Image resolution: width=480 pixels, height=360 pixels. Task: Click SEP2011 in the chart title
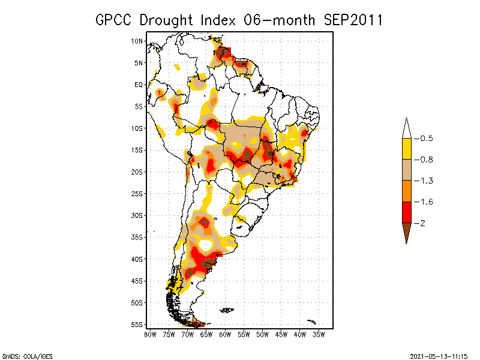coord(354,20)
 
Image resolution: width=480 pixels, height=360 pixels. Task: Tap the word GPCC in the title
coord(115,20)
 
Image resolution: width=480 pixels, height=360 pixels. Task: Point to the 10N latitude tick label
coord(137,41)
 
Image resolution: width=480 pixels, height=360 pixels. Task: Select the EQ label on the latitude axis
coord(139,85)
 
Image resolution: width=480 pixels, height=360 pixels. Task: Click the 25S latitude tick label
coord(137,194)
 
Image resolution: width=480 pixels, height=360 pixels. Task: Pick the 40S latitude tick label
coord(137,259)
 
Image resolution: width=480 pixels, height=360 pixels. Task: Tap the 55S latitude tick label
coord(137,325)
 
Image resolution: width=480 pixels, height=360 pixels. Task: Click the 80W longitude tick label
coord(149,334)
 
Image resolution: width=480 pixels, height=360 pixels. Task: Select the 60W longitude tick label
coord(225,334)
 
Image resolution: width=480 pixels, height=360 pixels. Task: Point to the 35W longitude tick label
coord(319,334)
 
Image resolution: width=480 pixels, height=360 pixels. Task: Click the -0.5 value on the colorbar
coord(427,139)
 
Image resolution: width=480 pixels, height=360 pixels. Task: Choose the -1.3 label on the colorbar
coord(427,181)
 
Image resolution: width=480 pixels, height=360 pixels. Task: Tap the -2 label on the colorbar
coord(423,223)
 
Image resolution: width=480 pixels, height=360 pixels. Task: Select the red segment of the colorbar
coord(407,212)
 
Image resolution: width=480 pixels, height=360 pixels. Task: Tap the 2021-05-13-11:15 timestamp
coord(438,356)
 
